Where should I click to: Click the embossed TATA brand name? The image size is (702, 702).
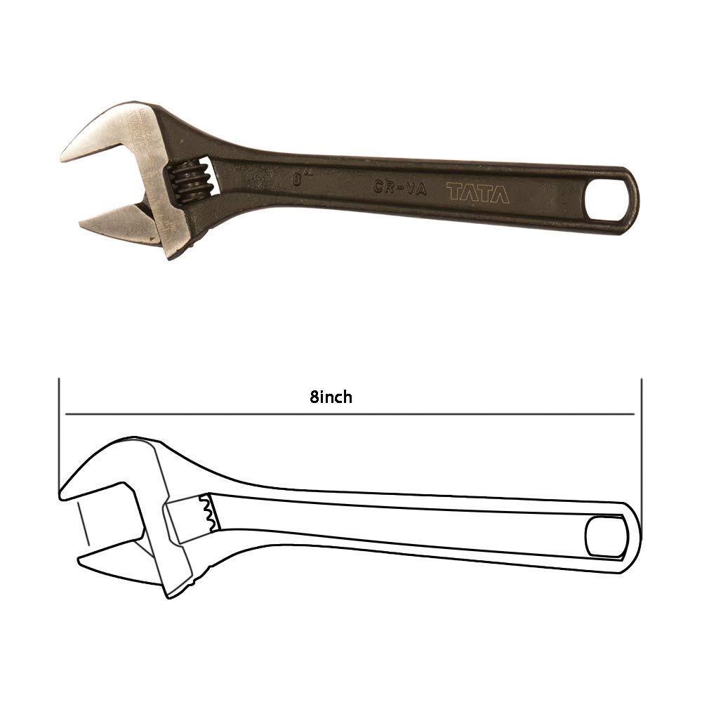(x=478, y=193)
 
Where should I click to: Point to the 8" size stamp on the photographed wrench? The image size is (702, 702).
(x=301, y=179)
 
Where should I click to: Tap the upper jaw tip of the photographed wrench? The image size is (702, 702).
(x=67, y=156)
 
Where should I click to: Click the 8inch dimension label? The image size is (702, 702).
(x=331, y=397)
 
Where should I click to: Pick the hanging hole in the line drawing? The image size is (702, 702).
(x=604, y=537)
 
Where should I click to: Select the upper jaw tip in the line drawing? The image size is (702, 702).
(x=65, y=491)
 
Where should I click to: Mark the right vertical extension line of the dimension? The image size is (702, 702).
(x=642, y=435)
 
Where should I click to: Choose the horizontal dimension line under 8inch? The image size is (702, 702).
(x=351, y=414)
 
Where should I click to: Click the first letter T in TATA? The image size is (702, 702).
(x=454, y=193)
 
